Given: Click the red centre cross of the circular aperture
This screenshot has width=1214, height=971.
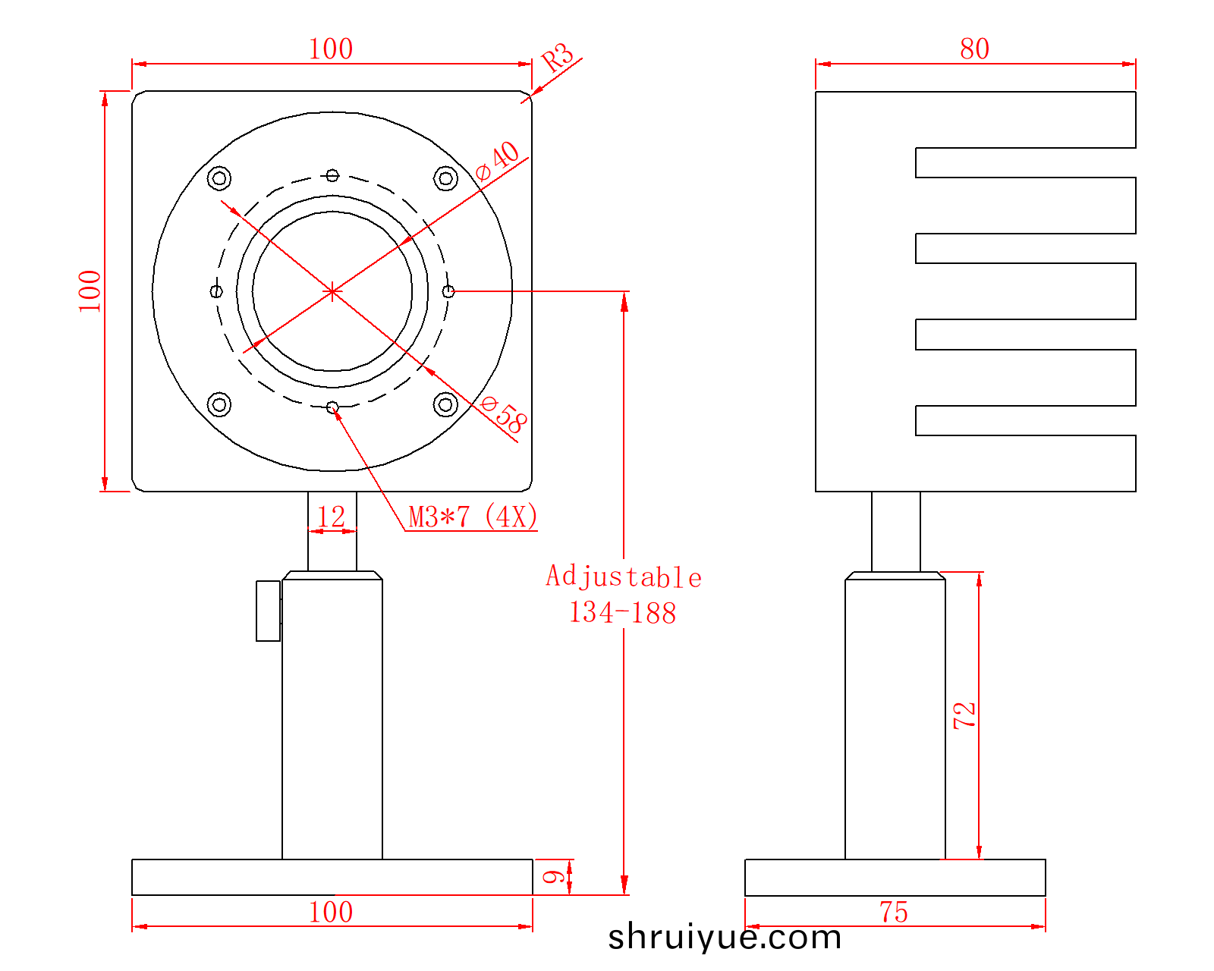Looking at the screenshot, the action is (x=332, y=292).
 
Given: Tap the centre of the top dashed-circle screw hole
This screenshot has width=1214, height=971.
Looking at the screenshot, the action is (x=332, y=175).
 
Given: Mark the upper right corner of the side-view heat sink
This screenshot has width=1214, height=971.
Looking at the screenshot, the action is (x=1136, y=91).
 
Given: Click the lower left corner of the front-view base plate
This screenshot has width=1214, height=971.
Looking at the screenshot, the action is (x=132, y=895).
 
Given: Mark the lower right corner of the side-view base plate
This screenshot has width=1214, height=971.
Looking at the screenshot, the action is (x=1046, y=895).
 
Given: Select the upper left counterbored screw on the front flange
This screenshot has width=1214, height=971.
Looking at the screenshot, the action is (x=219, y=178).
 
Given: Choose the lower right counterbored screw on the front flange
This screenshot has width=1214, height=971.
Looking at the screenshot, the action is (x=445, y=404).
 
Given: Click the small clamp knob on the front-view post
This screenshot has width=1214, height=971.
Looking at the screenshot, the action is (x=269, y=611).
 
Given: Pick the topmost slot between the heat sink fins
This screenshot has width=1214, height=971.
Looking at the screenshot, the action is (x=1026, y=162).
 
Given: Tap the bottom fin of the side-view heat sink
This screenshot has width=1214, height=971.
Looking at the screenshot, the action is (x=1026, y=464).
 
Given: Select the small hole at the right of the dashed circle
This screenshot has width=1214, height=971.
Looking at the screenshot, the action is (x=448, y=291).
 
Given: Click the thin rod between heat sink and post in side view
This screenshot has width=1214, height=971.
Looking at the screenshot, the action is (x=896, y=532).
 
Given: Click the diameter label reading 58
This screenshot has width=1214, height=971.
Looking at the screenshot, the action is (x=503, y=415).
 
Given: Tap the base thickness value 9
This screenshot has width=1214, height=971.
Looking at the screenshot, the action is (x=553, y=877).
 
